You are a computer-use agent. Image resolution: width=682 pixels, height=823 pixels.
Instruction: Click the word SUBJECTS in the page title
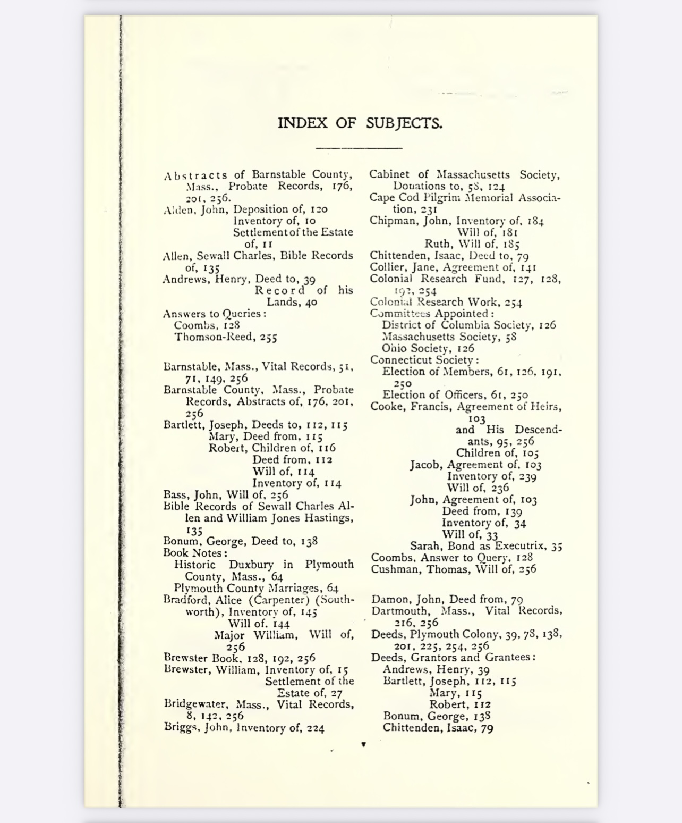pos(404,123)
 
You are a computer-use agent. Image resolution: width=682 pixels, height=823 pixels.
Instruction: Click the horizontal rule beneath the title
pos(359,148)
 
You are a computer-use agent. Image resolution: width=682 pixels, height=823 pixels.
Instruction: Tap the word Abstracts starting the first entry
pos(196,175)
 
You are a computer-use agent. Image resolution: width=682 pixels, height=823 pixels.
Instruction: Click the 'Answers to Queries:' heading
pos(215,314)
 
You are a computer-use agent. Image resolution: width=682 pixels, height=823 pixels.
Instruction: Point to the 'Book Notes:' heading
pos(195,553)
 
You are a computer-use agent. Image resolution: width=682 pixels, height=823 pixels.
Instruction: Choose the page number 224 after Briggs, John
pos(315,728)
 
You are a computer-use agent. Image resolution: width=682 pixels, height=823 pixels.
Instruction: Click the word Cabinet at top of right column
pos(389,174)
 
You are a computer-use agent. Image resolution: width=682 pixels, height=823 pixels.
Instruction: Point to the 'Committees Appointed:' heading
pos(432,314)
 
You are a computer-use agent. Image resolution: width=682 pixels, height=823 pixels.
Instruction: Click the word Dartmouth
pos(398,611)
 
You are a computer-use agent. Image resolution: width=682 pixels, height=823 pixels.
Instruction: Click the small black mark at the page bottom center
pos(363,744)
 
